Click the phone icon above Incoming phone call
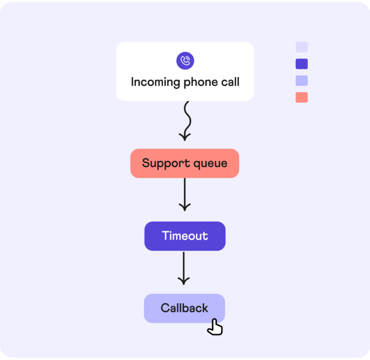pyautogui.click(x=185, y=61)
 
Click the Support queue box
pyautogui.click(x=185, y=163)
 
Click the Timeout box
pyautogui.click(x=185, y=236)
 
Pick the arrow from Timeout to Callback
pyautogui.click(x=184, y=267)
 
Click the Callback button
pyautogui.click(x=184, y=308)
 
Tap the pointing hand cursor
pyautogui.click(x=215, y=327)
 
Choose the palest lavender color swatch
pyautogui.click(x=302, y=47)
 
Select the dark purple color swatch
pyautogui.click(x=302, y=64)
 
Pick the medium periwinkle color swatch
pyautogui.click(x=302, y=80)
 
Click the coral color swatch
pyautogui.click(x=302, y=97)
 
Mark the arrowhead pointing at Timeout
pyautogui.click(x=185, y=207)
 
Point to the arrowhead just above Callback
pyautogui.click(x=184, y=280)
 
